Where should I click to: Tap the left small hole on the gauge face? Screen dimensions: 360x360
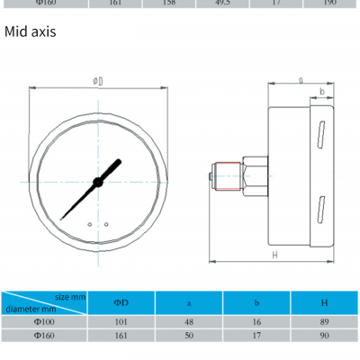point(90,224)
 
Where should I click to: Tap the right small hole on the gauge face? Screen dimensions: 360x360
point(106,224)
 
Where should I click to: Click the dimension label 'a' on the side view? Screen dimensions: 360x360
point(300,80)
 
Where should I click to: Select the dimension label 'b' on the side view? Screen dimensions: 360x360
point(321,92)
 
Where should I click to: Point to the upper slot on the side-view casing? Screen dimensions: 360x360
point(319,134)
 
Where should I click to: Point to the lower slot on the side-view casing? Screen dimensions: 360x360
point(319,210)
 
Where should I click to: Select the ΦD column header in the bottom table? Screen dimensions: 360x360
point(121,302)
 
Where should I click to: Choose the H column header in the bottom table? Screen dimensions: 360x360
point(323,302)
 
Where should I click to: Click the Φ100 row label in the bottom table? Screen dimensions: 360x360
point(44,321)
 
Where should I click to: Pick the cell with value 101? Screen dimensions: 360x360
point(121,321)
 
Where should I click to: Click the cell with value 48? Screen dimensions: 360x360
point(189,321)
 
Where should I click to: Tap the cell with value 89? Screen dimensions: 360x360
point(323,321)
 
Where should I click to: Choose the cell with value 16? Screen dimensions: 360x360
point(256,321)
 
